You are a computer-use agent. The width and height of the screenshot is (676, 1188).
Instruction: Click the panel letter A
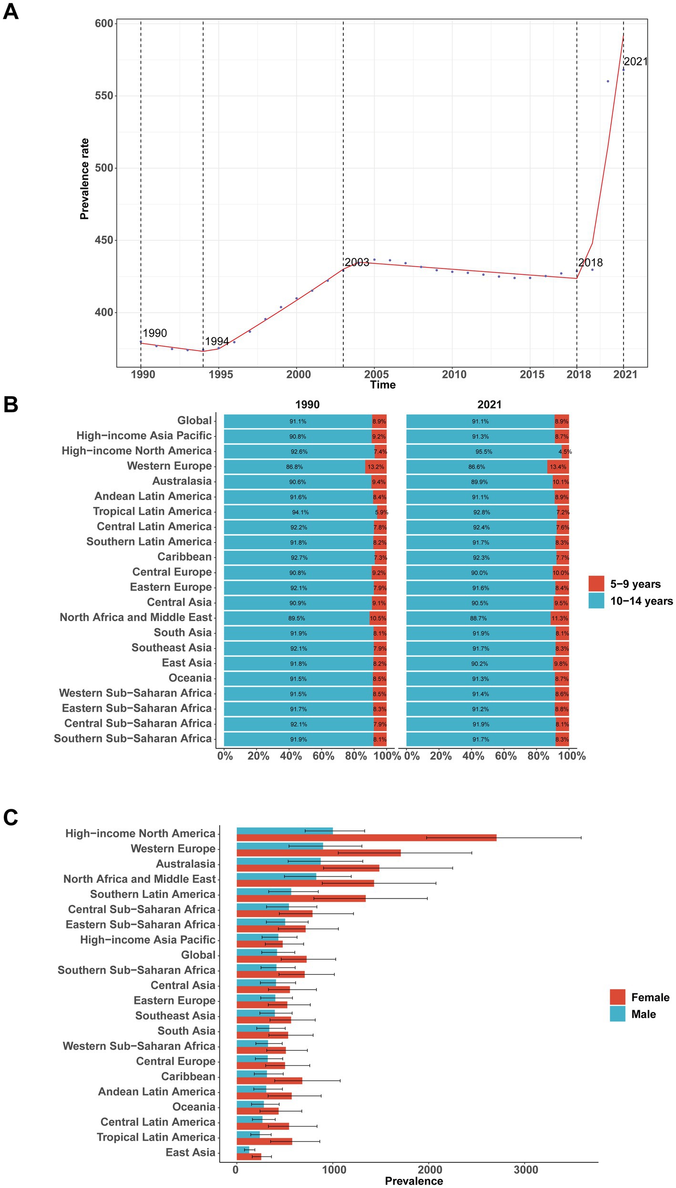10,11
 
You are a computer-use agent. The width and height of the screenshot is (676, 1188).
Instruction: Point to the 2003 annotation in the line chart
357,262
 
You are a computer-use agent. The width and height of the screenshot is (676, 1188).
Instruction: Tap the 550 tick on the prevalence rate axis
104,95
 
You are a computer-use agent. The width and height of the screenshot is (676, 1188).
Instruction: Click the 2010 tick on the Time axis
454,374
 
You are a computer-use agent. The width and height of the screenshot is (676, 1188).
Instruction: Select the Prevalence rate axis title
84,179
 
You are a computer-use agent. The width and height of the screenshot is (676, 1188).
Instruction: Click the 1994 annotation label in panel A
217,341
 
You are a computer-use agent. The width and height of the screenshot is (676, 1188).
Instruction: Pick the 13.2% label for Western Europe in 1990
376,467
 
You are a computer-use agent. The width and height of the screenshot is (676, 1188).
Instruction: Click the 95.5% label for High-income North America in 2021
484,452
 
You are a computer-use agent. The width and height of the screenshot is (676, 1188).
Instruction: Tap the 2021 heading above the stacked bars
489,404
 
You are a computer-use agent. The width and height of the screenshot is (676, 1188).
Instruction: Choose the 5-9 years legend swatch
596,583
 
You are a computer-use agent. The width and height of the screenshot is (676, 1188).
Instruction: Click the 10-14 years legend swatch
596,600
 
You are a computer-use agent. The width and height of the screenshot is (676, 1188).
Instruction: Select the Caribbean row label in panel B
184,557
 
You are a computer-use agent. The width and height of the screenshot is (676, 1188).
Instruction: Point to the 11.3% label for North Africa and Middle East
560,618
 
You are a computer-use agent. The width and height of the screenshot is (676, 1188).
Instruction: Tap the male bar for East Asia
243,1149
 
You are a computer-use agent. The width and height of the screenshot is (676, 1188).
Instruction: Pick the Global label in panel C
198,955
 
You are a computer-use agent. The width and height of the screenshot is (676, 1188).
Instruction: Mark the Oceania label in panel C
194,1106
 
